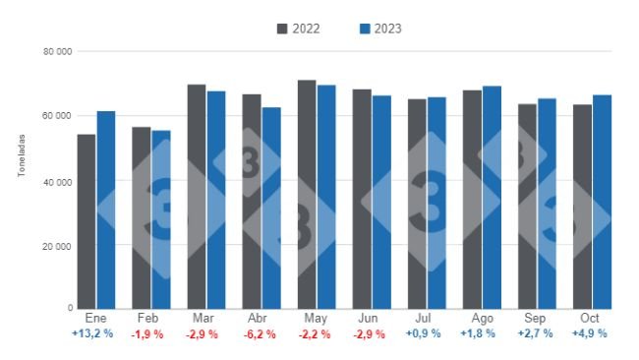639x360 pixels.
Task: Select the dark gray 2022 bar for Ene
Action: click(87, 221)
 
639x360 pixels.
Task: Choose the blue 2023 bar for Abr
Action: click(270, 208)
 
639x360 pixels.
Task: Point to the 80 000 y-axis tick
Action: click(57, 51)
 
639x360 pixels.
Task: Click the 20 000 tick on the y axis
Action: click(57, 245)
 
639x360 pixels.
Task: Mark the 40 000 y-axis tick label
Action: click(57, 181)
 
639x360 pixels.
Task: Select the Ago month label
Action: click(482, 320)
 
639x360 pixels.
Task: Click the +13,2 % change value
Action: click(95, 334)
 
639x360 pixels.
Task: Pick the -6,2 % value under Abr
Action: click(261, 334)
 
